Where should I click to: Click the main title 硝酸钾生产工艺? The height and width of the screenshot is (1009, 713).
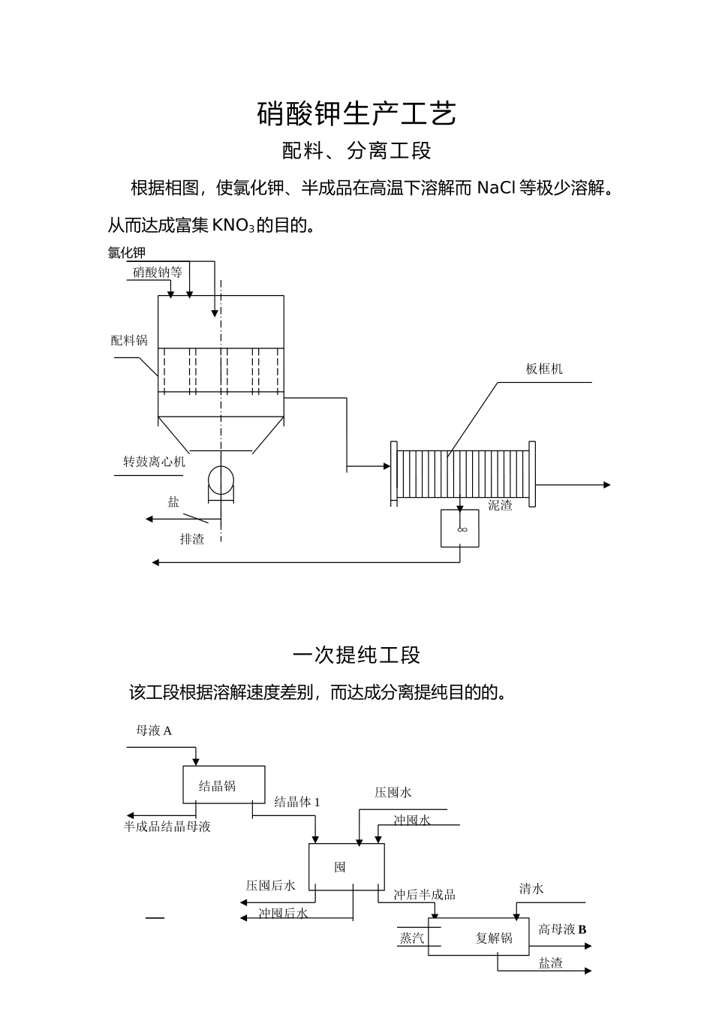click(x=356, y=114)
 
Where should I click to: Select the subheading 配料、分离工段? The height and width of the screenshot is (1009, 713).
click(x=356, y=151)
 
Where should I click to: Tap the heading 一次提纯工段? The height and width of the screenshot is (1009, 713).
click(x=356, y=655)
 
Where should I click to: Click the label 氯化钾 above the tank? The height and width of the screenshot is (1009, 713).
click(x=126, y=253)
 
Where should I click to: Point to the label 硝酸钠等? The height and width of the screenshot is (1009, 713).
click(x=158, y=273)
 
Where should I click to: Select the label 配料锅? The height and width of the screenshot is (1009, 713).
click(x=129, y=341)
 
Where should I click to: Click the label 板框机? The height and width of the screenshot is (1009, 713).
click(x=544, y=369)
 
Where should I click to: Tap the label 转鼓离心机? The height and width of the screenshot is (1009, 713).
click(x=154, y=462)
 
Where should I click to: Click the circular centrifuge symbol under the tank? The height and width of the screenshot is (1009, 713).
click(x=221, y=480)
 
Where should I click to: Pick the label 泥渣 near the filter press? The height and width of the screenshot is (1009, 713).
click(x=500, y=506)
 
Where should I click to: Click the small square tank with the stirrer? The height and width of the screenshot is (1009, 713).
click(x=460, y=529)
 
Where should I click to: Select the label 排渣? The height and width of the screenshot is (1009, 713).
click(x=192, y=539)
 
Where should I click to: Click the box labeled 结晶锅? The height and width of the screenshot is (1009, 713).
click(x=224, y=785)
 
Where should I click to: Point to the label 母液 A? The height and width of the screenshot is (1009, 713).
click(x=154, y=730)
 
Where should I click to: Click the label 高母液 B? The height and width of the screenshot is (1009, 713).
click(x=562, y=929)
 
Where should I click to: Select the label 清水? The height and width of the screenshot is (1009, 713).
click(x=531, y=890)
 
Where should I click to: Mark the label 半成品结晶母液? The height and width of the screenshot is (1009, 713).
click(x=167, y=827)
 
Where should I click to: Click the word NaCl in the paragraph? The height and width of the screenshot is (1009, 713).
click(x=496, y=188)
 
